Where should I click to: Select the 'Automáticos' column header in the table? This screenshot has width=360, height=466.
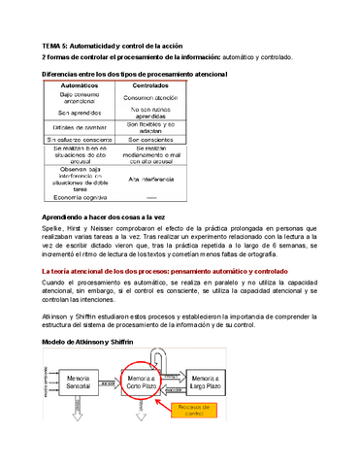point(79,86)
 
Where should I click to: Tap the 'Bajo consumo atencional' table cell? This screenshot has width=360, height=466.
point(79,99)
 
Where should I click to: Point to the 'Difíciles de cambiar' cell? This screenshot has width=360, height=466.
point(79,128)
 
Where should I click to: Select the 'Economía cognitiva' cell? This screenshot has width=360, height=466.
point(79,195)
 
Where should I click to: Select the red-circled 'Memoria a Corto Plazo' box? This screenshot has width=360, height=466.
point(147,381)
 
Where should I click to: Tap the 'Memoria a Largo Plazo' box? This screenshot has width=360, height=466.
point(213,381)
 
